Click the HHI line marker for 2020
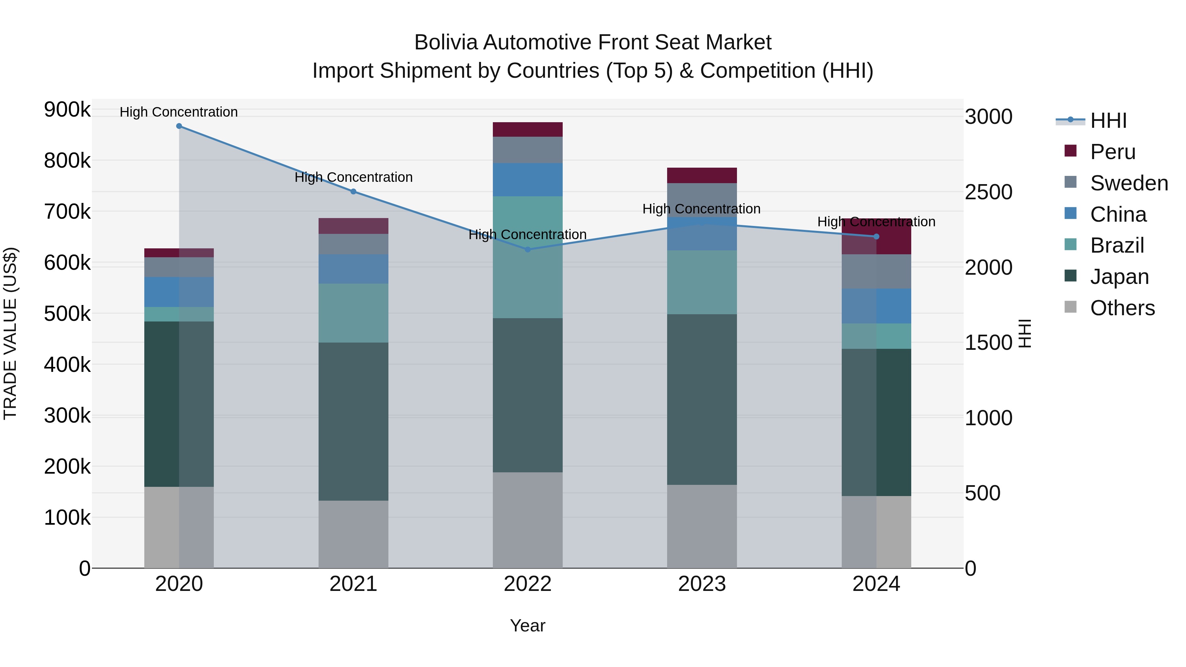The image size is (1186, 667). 179,126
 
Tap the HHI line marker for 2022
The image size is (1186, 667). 528,249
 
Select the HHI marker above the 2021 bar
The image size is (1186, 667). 353,191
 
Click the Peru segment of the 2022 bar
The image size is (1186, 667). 528,129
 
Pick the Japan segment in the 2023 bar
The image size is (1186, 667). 702,399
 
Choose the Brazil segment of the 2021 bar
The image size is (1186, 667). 353,313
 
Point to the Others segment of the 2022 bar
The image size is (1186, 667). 528,520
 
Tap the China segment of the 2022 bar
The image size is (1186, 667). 528,180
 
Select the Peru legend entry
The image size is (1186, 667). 1112,152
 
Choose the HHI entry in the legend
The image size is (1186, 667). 1108,121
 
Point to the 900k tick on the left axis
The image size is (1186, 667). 67,110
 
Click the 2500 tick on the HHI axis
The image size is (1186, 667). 988,192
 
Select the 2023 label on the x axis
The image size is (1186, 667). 702,584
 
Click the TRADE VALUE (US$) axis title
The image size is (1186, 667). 11,333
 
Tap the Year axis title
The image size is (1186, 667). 528,625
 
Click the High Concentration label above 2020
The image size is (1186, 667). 179,112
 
